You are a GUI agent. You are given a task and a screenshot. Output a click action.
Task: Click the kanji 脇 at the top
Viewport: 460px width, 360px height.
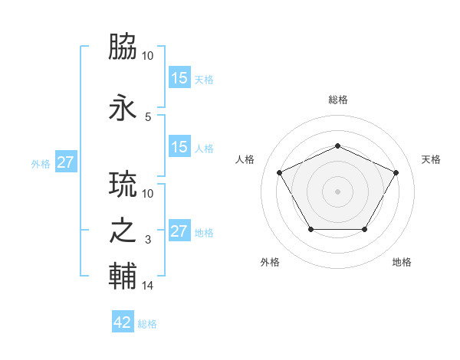coord(123,48)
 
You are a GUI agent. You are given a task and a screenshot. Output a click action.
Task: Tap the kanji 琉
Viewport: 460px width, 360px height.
coord(123,185)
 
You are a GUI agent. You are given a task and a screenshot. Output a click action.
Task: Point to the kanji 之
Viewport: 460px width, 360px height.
coord(123,232)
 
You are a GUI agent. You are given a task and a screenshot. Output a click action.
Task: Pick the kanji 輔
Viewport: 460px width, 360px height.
coord(123,277)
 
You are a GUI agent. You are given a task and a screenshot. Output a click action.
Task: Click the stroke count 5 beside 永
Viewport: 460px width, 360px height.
coord(148,117)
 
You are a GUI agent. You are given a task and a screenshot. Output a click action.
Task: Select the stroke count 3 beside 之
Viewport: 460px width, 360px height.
coord(148,241)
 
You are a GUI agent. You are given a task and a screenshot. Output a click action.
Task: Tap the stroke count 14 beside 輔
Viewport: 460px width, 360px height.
coord(148,286)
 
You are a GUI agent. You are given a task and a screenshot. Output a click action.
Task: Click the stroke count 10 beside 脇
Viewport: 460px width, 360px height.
coord(148,56)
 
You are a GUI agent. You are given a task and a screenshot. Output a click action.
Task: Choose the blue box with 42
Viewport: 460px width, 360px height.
coord(123,322)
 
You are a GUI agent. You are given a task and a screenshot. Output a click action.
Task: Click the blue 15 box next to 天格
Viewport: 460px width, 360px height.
coord(179,78)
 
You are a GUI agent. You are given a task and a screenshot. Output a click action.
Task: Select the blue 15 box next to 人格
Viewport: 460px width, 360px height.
coord(179,148)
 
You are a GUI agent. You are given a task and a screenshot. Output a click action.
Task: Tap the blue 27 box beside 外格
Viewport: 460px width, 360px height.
coord(66,162)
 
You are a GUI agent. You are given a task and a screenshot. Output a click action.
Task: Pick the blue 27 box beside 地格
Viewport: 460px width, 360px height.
coord(179,231)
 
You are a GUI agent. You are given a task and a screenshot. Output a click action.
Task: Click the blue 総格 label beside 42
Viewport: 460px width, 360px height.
coord(147,324)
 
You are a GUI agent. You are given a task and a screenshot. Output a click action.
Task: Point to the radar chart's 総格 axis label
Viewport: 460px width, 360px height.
coord(338,100)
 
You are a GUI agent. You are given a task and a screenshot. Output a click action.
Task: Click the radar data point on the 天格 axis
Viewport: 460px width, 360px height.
coord(396,172)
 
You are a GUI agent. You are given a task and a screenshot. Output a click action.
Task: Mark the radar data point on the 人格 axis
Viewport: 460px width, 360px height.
coord(279,172)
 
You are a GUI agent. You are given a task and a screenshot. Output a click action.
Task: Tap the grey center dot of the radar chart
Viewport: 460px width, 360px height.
coord(338,191)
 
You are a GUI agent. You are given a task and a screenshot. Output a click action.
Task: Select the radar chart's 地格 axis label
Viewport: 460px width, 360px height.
coord(402,262)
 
